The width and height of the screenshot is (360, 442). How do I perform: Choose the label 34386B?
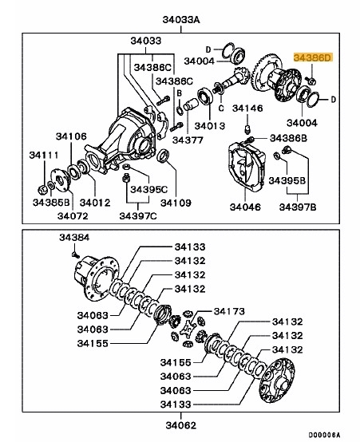click(289, 138)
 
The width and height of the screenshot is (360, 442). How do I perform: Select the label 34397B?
click(299, 207)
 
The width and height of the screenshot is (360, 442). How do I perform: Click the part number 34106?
click(71, 137)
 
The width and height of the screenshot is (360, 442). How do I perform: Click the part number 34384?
click(75, 237)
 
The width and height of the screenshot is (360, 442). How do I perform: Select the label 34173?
click(228, 309)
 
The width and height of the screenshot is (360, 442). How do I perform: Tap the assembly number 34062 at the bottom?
click(181, 425)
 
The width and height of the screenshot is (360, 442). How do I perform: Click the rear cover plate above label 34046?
click(252, 168)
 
